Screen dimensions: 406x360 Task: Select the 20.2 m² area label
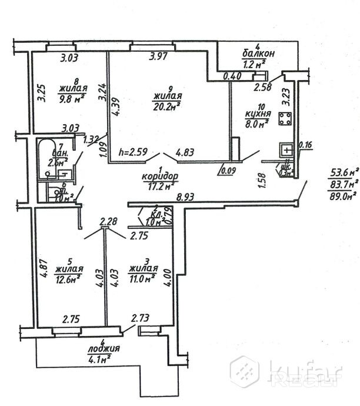[166, 105]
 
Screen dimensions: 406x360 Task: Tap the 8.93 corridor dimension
[186, 199]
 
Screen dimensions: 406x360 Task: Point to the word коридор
[159, 176]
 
